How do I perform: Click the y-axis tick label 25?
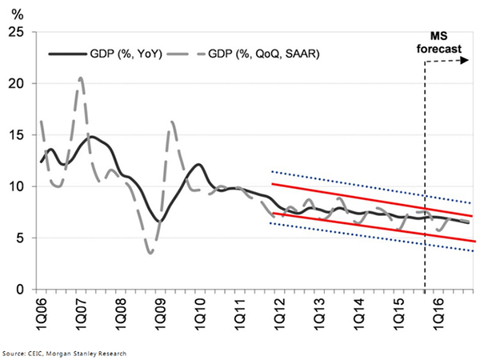(x=14, y=32)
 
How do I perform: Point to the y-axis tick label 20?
(x=14, y=83)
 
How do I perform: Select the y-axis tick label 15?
(x=14, y=135)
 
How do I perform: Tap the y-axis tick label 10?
(x=14, y=186)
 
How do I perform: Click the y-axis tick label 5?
(x=17, y=238)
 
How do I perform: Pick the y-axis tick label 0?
(x=17, y=290)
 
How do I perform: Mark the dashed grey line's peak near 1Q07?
(x=81, y=78)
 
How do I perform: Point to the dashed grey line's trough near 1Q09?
(x=150, y=253)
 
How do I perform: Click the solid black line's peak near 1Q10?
(x=198, y=165)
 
